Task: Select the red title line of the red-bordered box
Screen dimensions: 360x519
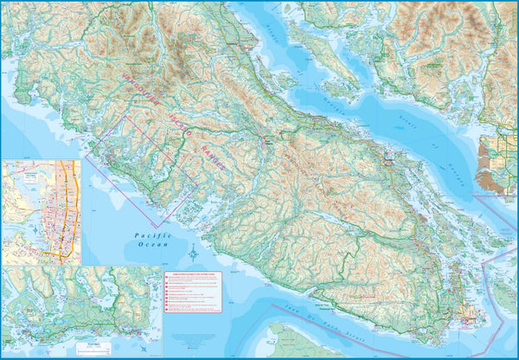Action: (x=193, y=274)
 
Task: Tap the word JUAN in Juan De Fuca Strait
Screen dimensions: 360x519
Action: (x=307, y=310)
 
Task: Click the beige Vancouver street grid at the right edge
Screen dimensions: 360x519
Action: (x=493, y=164)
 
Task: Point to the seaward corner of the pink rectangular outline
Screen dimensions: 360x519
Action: (x=156, y=228)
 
